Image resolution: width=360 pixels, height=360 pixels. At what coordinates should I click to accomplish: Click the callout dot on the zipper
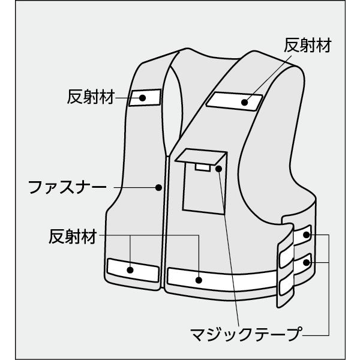point(158,187)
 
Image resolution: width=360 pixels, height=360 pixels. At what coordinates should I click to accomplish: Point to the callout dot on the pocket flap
point(219,169)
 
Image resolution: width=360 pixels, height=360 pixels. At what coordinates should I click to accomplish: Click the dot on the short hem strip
point(131,270)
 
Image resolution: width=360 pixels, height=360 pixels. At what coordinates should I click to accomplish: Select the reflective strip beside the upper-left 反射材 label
point(146,97)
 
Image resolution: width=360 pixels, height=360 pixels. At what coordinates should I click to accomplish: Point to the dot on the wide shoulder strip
point(245,102)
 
